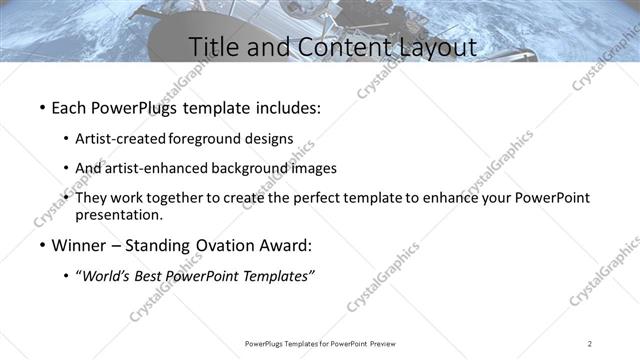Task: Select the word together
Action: pyautogui.click(x=171, y=198)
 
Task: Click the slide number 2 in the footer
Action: pyautogui.click(x=590, y=343)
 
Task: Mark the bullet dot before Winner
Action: pyautogui.click(x=41, y=246)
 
